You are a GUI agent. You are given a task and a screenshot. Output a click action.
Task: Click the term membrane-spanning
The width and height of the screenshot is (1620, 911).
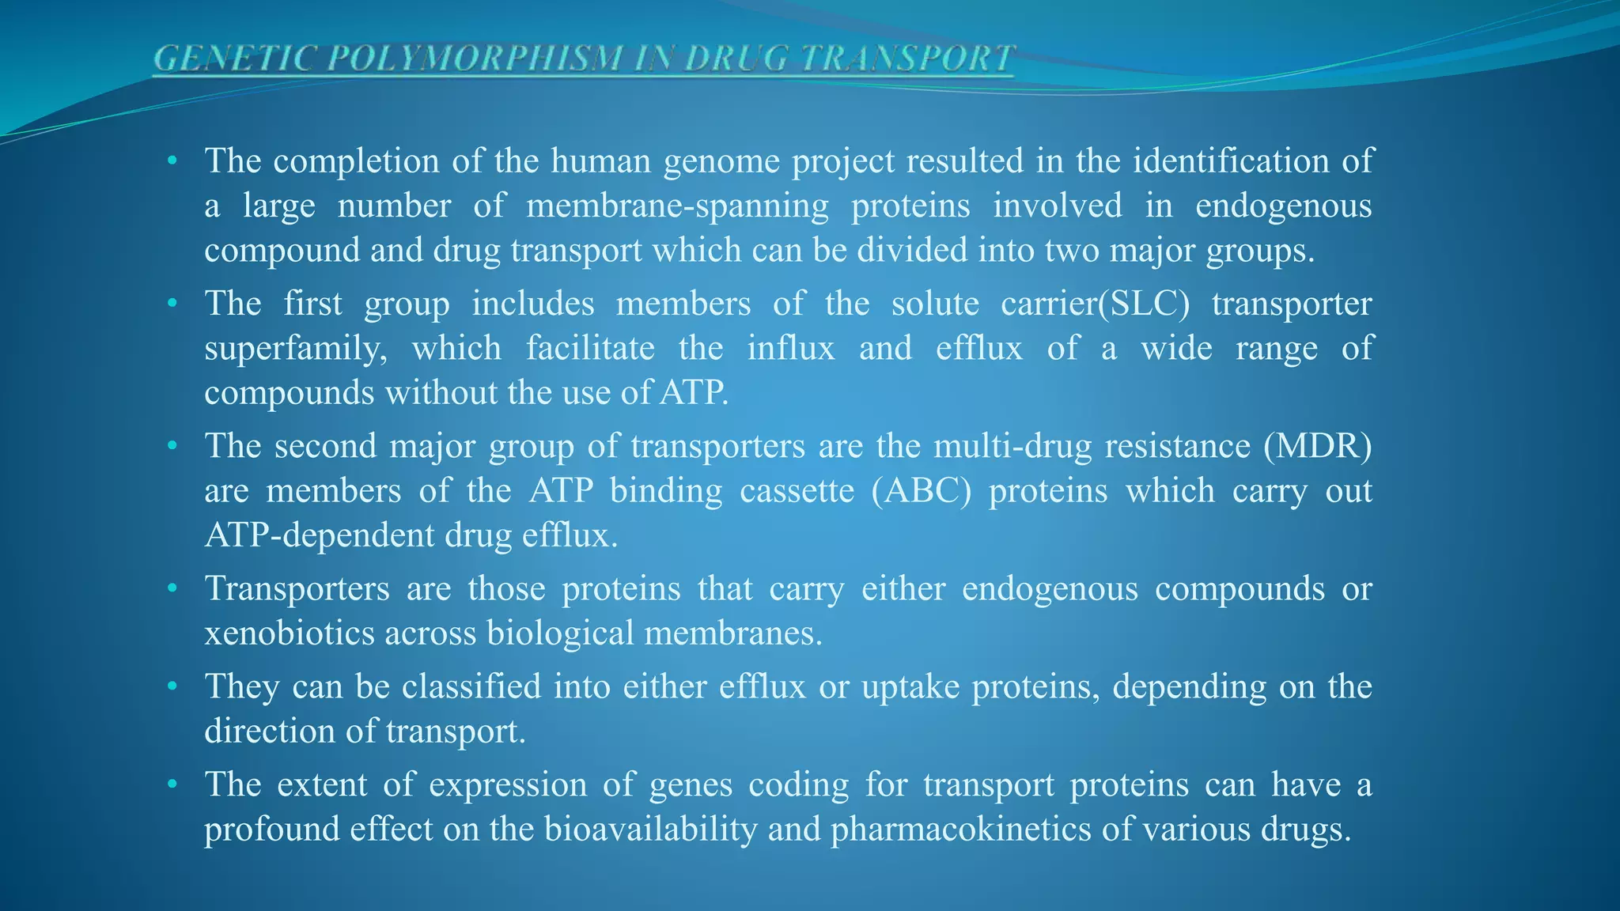point(677,206)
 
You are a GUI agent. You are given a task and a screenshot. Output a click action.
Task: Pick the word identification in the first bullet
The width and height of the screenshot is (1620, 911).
point(1231,161)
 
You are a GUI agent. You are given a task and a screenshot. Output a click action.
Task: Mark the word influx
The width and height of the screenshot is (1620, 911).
point(791,348)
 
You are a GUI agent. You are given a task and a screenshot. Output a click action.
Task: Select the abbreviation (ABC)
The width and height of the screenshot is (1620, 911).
point(921,491)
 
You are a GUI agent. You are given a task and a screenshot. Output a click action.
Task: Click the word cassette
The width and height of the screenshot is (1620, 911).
point(797,491)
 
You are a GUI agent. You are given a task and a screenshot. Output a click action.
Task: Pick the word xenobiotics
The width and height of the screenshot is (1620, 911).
point(289,633)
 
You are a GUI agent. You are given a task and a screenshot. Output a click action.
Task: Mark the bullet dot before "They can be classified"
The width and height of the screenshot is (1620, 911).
point(172,686)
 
